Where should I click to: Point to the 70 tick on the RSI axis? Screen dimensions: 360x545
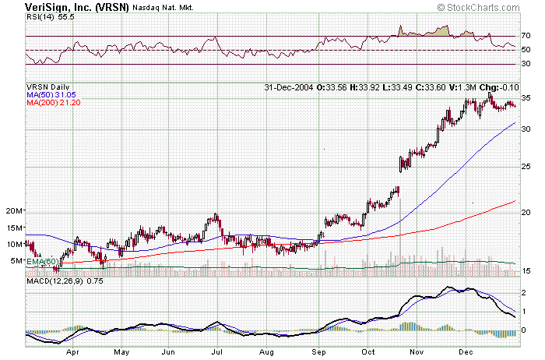pyautogui.click(x=526, y=36)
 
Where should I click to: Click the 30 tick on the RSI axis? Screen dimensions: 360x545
pyautogui.click(x=526, y=64)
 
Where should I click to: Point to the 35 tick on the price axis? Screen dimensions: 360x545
pyautogui.click(x=526, y=99)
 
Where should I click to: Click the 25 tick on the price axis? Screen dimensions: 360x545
pyautogui.click(x=526, y=167)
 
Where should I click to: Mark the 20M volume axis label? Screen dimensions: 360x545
pyautogui.click(x=14, y=211)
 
